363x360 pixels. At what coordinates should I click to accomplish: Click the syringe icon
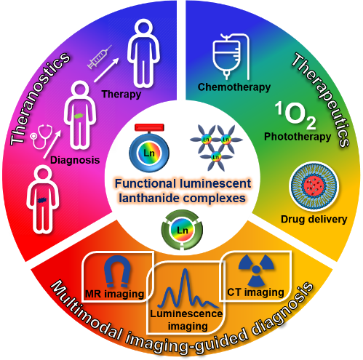[x=100, y=57]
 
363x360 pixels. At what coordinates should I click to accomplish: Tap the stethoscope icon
[x=41, y=137]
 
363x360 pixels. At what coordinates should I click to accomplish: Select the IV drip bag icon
[x=231, y=57]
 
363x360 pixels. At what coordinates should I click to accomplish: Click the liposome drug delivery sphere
[x=314, y=186]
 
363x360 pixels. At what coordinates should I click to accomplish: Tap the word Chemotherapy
[x=234, y=87]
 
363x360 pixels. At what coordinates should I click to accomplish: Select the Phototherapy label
[x=298, y=137]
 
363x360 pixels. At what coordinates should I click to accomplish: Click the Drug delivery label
[x=314, y=220]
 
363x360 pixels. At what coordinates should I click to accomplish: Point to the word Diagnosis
[x=75, y=160]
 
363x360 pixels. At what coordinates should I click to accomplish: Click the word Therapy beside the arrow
[x=121, y=95]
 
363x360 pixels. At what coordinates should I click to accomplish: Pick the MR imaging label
[x=115, y=294]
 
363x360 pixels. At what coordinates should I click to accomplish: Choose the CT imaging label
[x=255, y=292]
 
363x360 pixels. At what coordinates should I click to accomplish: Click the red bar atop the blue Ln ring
[x=149, y=127]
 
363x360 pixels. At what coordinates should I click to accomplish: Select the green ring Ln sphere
[x=182, y=230]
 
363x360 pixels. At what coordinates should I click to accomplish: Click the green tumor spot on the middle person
[x=79, y=116]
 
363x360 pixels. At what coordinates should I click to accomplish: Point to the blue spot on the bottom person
[x=43, y=200]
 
